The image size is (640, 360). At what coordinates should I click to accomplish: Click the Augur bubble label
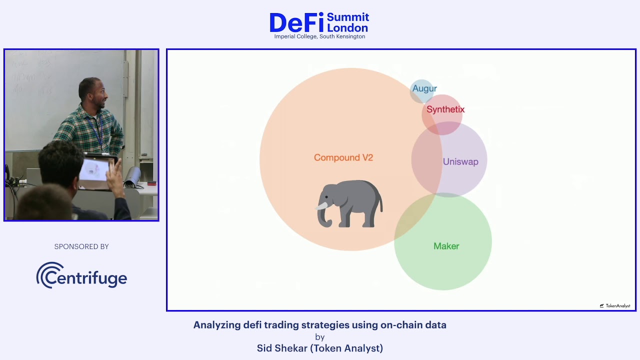tap(424, 88)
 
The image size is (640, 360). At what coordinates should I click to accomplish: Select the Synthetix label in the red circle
tap(445, 109)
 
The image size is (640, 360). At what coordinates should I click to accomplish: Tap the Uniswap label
tap(460, 161)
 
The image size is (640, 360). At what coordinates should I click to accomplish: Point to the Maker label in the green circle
tap(446, 246)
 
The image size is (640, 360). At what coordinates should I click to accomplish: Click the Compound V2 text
tap(343, 157)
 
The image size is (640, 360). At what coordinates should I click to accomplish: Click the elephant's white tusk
tap(322, 205)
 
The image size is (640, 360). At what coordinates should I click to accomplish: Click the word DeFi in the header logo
tap(296, 23)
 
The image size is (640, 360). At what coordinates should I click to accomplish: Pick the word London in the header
tap(347, 28)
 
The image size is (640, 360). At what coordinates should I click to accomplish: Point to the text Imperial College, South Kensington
tap(319, 36)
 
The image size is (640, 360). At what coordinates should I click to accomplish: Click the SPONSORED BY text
tap(81, 246)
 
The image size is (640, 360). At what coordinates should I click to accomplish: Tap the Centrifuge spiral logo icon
tap(50, 275)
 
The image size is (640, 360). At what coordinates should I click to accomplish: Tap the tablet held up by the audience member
tap(96, 173)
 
